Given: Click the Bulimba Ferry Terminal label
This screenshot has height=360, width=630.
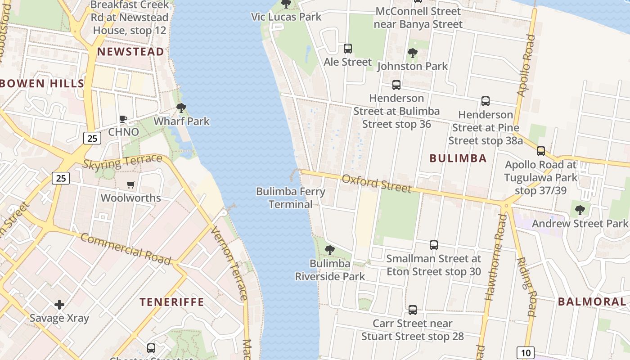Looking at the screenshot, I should (290, 198).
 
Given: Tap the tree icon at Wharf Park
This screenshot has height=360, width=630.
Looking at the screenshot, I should (181, 108).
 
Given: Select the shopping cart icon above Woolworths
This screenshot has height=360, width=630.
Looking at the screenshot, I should (131, 184).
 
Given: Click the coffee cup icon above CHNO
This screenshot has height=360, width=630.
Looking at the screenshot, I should (123, 119).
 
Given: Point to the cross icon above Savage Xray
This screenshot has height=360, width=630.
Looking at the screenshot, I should (59, 305).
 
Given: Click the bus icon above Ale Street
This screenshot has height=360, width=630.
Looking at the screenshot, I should (348, 49).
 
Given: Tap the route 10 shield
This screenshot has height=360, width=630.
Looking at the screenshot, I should (525, 352).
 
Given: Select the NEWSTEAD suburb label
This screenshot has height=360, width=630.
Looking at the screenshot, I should (130, 52).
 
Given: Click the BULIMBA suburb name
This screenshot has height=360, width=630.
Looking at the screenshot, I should (458, 158).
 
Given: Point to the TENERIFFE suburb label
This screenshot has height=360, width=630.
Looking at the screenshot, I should (171, 302).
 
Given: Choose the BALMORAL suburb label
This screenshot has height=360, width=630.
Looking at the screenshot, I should (592, 302).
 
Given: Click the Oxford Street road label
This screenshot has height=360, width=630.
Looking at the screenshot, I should (376, 183).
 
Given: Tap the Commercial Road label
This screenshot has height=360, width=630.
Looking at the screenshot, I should (126, 249).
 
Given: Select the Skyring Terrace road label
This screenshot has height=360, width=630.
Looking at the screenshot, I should (122, 161).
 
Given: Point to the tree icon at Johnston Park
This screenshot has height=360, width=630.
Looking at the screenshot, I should (412, 54).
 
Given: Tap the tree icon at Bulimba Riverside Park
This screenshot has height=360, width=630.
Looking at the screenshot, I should (330, 250).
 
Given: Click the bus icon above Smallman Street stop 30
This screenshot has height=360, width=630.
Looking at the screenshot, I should (434, 245).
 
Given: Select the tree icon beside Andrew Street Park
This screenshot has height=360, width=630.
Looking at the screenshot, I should (580, 210).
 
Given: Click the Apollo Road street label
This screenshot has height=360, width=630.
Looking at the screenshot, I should (526, 66).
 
